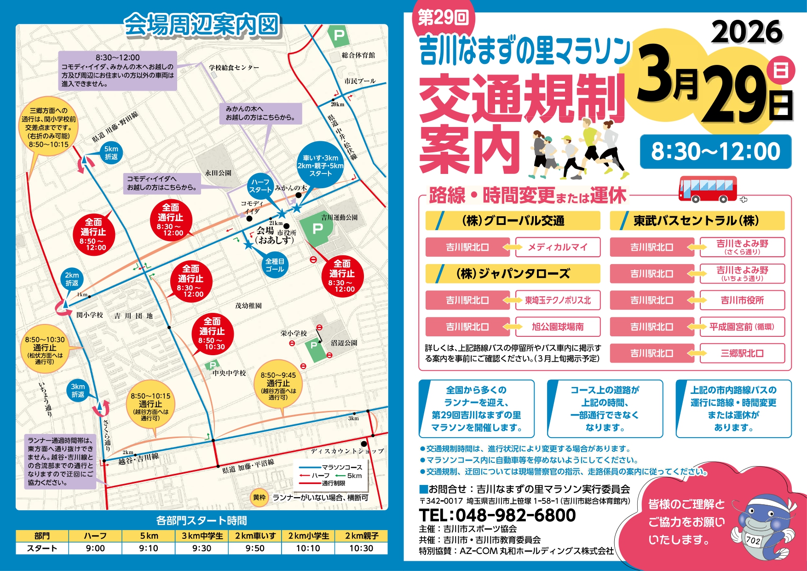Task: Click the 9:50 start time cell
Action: tap(255, 548)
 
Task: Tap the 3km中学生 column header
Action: tap(202, 536)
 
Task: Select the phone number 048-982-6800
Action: tap(497, 515)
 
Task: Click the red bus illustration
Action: tap(708, 189)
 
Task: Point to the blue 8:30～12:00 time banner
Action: tap(715, 151)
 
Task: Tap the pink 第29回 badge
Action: tap(443, 18)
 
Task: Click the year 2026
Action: tap(747, 32)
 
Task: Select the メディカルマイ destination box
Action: tap(558, 247)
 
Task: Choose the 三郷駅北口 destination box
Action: tap(742, 353)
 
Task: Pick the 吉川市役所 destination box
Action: tap(742, 300)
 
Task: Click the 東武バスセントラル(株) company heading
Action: tap(697, 221)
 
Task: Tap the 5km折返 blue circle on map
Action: tap(111, 153)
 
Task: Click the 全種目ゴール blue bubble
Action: tap(275, 265)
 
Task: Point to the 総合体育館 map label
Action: tap(358, 55)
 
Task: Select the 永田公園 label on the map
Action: tap(218, 173)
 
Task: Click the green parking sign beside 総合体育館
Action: tap(339, 35)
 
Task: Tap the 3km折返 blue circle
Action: tap(78, 391)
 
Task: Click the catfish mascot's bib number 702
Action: tap(753, 540)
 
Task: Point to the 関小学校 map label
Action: tap(90, 315)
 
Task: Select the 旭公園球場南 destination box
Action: tap(558, 327)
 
